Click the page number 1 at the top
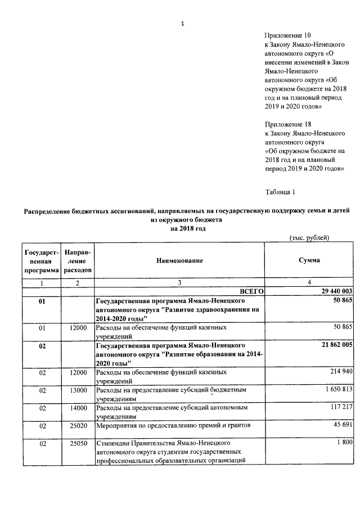(x=182, y=23)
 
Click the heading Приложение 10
(x=287, y=35)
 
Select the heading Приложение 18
(x=287, y=124)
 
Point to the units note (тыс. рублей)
(x=309, y=238)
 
